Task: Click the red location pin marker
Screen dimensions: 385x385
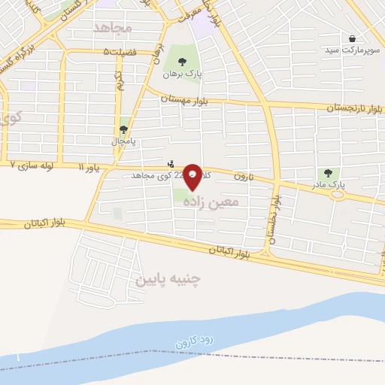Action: [193, 177]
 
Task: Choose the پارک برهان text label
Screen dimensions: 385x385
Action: [177, 74]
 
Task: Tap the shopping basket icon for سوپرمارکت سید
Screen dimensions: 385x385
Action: [352, 38]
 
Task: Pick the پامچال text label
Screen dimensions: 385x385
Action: [123, 141]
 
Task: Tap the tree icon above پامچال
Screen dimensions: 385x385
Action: [123, 129]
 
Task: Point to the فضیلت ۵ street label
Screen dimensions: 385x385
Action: [121, 51]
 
